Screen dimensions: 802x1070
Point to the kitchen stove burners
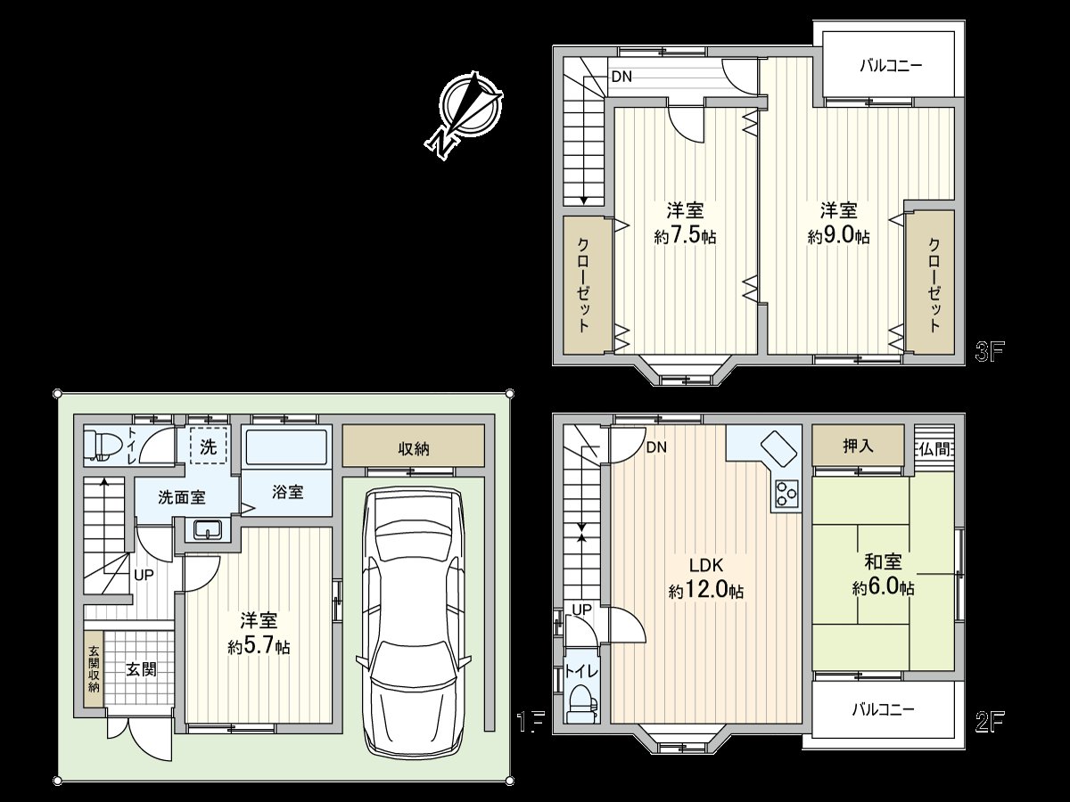pyautogui.click(x=786, y=494)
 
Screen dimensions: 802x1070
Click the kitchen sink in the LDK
pyautogui.click(x=777, y=446)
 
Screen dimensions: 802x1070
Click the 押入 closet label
pyautogui.click(x=857, y=446)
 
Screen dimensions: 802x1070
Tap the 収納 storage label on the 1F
pyautogui.click(x=414, y=448)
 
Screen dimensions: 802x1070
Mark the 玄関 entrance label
pyautogui.click(x=140, y=668)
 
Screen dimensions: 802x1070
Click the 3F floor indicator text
pyautogui.click(x=990, y=350)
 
